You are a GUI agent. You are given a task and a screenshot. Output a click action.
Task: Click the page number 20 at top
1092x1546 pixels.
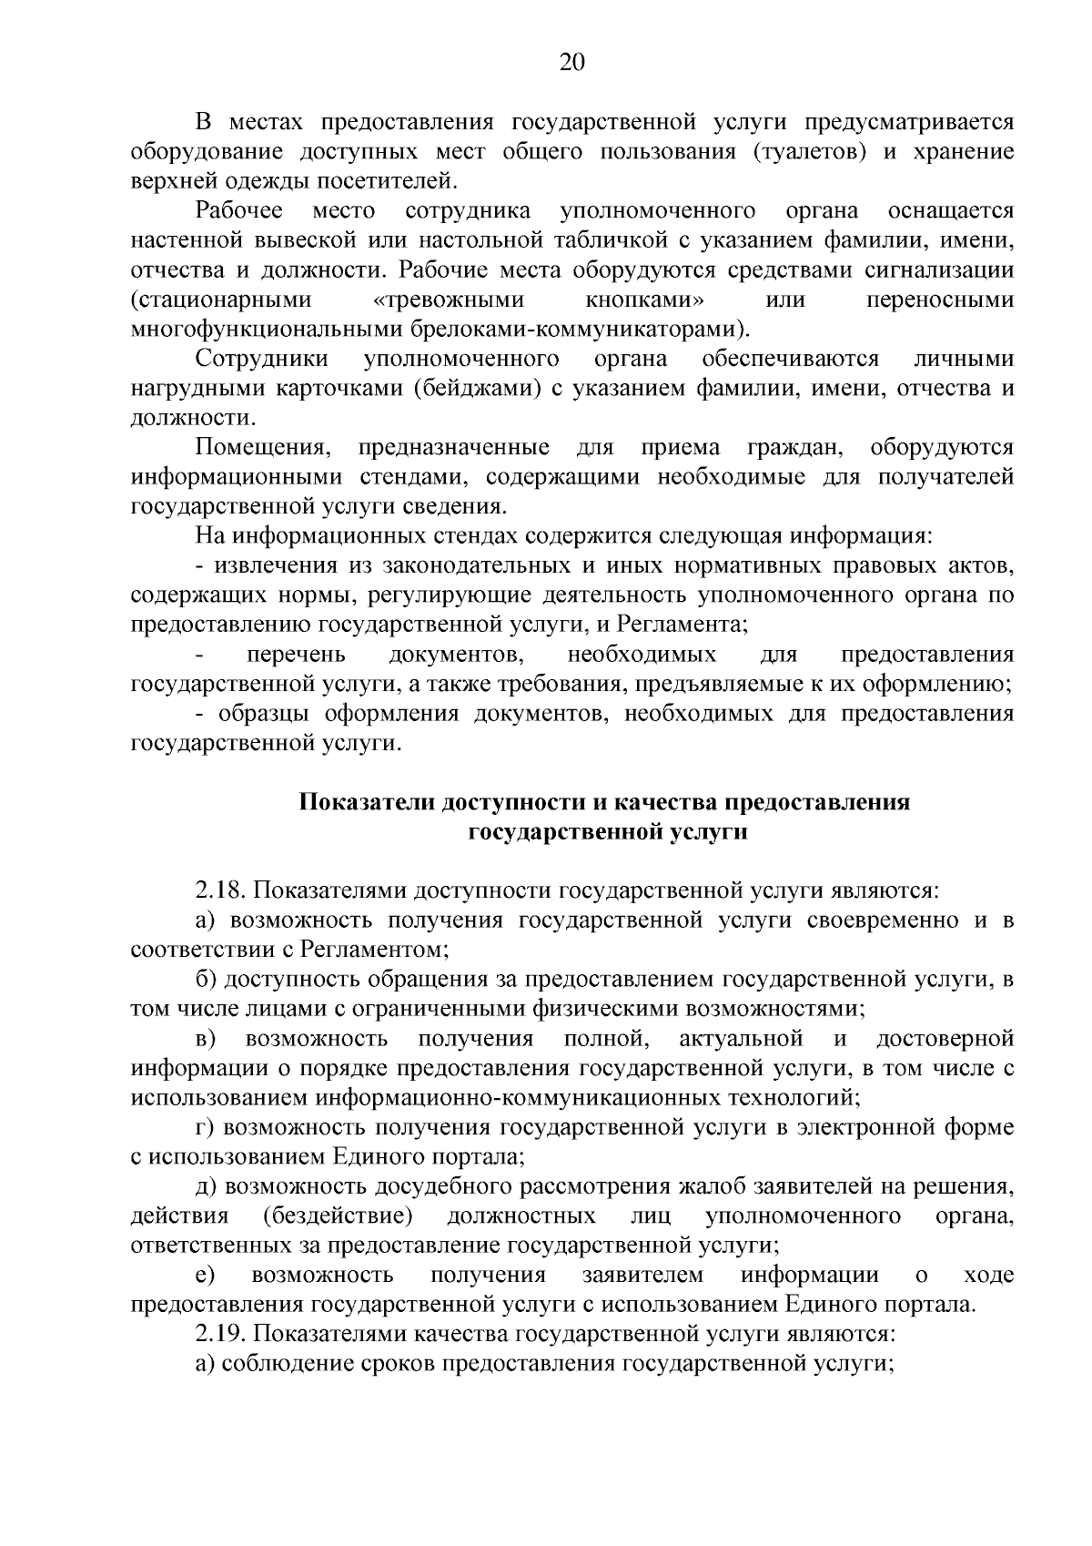pos(572,62)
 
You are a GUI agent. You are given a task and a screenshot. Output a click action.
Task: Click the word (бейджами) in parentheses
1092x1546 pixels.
pos(474,389)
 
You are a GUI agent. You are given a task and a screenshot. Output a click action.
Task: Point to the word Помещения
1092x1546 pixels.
pos(262,448)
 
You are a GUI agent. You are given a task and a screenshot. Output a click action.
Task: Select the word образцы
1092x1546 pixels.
pos(258,714)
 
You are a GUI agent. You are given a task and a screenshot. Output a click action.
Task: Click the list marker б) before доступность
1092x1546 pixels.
pos(205,980)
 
